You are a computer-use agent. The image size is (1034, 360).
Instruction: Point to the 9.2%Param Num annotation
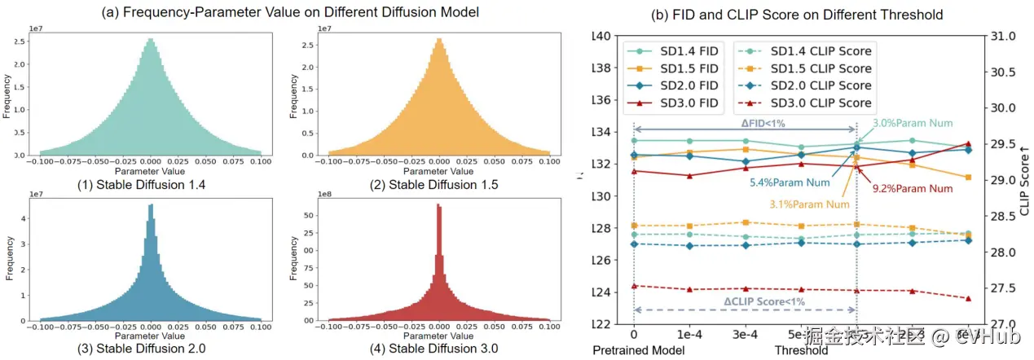[913, 188]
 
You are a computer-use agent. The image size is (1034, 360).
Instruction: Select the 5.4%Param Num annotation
[790, 182]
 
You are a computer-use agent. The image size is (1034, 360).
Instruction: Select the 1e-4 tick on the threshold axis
[689, 335]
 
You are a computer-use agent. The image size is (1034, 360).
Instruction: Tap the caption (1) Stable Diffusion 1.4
[152, 185]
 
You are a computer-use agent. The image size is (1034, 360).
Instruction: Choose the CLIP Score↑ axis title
[1025, 179]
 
